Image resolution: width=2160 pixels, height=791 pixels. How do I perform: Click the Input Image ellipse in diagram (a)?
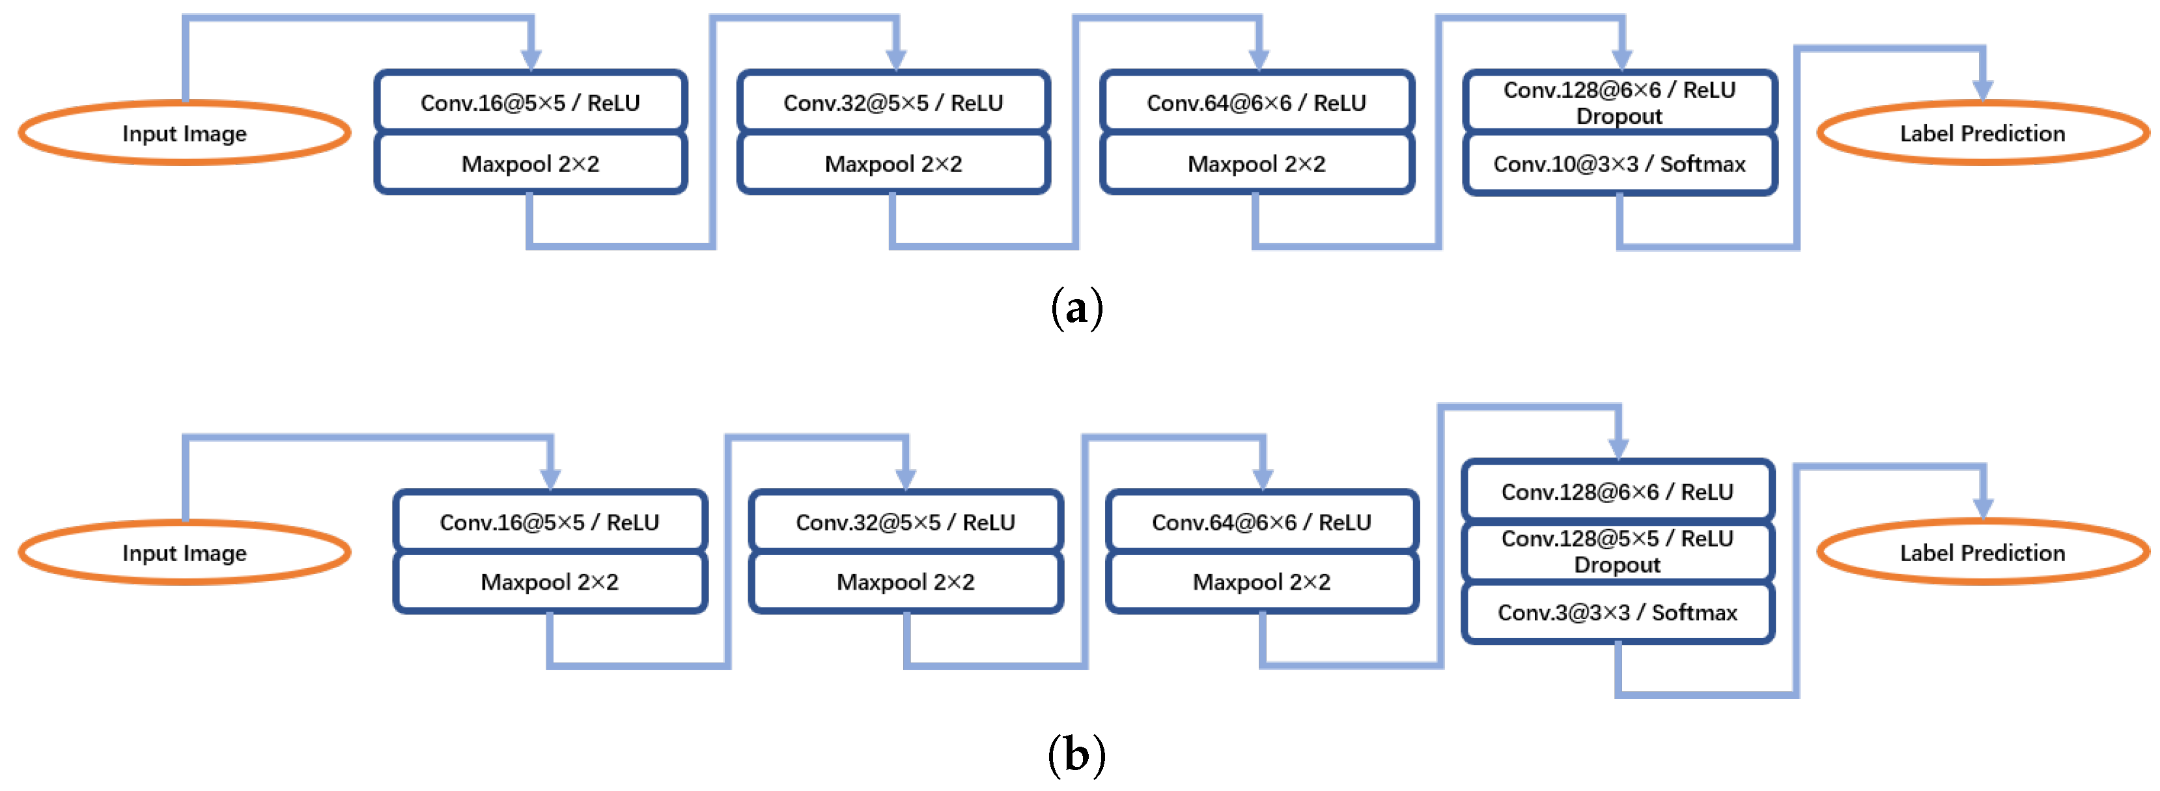tap(184, 134)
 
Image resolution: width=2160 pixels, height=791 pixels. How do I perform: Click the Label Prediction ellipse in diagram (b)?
tap(1982, 553)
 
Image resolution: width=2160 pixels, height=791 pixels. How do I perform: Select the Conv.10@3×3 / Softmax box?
tap(1619, 164)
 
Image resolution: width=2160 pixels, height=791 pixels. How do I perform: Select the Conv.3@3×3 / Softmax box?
tap(1617, 613)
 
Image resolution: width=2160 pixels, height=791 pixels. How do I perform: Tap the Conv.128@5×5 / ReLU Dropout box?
tap(1617, 551)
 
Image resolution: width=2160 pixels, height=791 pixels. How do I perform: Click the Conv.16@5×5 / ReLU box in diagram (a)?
tap(530, 103)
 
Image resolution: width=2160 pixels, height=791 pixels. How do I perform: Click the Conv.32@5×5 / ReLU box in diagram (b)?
tap(905, 523)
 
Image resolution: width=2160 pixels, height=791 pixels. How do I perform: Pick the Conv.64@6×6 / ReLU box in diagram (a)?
tap(1256, 103)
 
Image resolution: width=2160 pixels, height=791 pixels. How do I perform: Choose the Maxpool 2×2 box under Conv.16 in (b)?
tap(549, 582)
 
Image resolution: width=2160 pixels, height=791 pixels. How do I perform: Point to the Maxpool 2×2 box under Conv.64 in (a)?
tap(1256, 164)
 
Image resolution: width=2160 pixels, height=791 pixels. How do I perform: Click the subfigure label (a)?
tap(1076, 308)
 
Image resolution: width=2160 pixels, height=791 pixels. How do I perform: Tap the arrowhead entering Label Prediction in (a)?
tap(1982, 90)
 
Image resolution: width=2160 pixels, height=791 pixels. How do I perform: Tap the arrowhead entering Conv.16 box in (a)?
tap(531, 59)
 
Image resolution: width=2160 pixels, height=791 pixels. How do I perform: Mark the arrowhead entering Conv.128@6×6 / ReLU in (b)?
tap(1618, 449)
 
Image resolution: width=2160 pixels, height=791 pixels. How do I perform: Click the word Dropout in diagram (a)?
tap(1618, 117)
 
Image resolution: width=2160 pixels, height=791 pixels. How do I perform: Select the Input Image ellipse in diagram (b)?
tap(184, 553)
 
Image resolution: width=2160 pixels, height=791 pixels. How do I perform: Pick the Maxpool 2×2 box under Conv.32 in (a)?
tap(893, 164)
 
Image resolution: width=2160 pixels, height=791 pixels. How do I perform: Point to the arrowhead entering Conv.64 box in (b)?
tap(1262, 479)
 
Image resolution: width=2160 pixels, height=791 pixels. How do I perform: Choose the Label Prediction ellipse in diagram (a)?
tap(1982, 134)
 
